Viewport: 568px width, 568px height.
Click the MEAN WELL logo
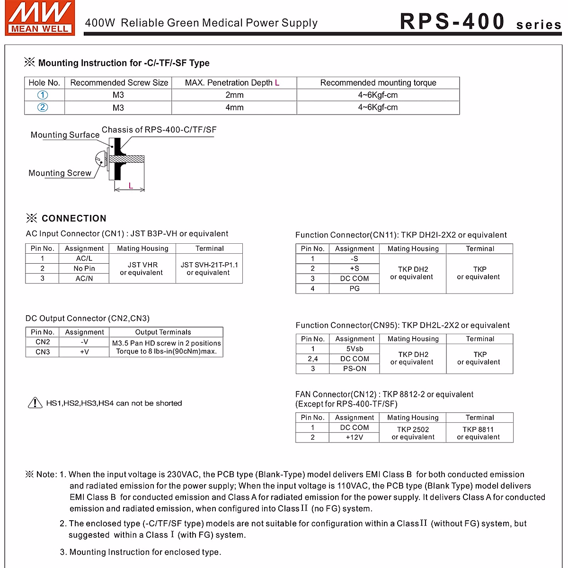40,18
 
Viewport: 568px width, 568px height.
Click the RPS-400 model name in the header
452,22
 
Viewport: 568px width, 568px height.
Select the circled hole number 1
43,95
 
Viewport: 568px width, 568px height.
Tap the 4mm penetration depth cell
234,107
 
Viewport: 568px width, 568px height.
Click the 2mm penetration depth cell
234,95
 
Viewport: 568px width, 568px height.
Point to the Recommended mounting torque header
378,83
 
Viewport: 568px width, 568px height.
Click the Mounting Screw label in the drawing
60,173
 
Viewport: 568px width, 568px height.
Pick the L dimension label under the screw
131,186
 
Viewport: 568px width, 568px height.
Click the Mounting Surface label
65,135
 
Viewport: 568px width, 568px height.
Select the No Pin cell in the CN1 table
84,268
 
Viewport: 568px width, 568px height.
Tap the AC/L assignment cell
84,258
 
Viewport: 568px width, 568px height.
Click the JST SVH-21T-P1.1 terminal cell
209,268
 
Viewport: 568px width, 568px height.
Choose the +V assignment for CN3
84,352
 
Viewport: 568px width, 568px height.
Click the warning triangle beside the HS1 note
35,403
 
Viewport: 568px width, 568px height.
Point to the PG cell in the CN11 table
355,288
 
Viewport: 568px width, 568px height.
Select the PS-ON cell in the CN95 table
355,369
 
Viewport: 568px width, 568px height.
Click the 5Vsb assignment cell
355,349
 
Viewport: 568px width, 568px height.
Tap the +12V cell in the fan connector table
355,437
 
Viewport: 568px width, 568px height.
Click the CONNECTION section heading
74,218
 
